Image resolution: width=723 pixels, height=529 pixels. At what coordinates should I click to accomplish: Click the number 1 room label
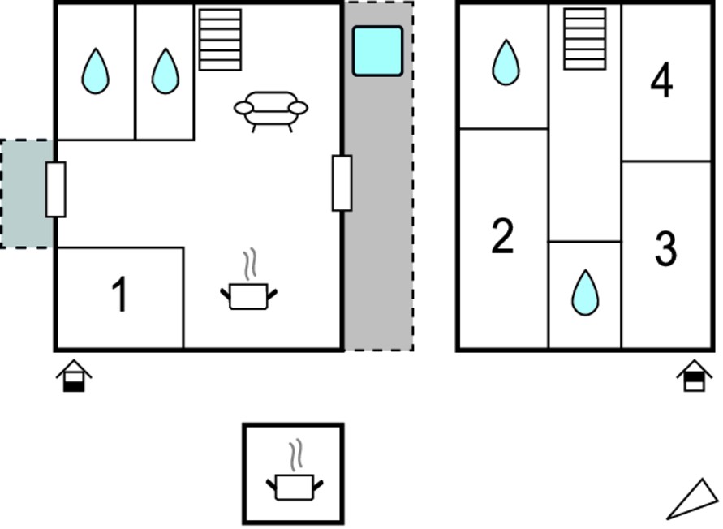tap(120, 295)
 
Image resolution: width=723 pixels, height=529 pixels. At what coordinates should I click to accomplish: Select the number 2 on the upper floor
tap(502, 236)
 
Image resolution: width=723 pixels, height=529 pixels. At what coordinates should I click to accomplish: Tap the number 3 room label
tap(665, 248)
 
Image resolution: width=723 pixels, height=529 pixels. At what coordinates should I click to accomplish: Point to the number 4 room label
tap(661, 80)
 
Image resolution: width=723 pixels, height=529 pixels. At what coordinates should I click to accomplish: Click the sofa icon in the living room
tap(271, 111)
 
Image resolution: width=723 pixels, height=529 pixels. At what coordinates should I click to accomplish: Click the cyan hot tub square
tap(377, 51)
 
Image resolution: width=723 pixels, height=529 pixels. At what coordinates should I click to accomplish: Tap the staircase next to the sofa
tap(220, 40)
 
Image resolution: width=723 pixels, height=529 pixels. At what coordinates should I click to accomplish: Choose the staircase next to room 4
tap(584, 39)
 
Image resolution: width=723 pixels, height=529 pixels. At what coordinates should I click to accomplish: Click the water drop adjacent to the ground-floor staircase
tap(165, 71)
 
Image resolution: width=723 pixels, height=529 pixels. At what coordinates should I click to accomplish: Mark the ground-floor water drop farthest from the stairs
tap(96, 71)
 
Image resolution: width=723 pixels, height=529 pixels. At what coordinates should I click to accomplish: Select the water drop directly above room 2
tap(506, 62)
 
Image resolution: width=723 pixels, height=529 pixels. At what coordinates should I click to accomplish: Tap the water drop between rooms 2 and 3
tap(585, 293)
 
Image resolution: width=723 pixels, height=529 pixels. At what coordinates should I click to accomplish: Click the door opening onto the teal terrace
tap(56, 189)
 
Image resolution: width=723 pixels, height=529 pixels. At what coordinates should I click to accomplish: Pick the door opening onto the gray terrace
tap(342, 183)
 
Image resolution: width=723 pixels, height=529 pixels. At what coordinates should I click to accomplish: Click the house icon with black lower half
tap(74, 376)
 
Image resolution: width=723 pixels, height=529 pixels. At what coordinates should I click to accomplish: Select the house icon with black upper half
tap(694, 376)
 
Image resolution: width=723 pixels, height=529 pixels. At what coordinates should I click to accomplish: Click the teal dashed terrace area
tap(27, 193)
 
